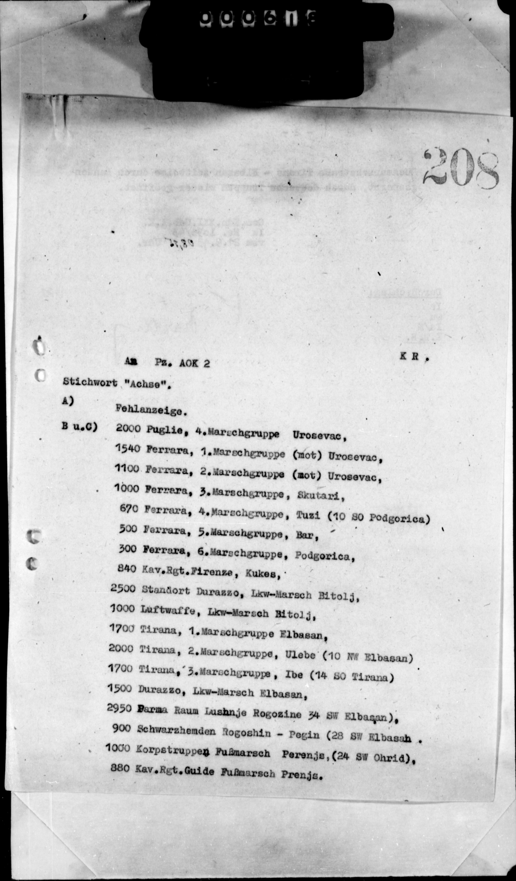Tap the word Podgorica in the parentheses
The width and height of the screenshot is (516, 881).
coord(399,518)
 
